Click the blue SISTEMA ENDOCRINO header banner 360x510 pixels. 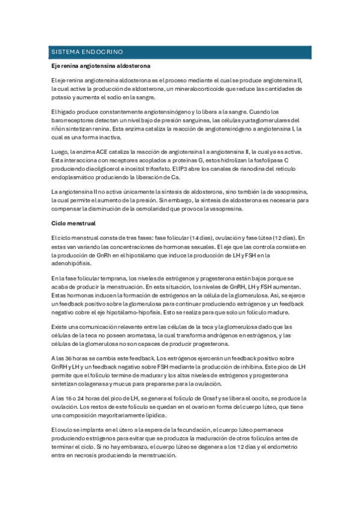coord(180,52)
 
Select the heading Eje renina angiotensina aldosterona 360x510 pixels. coord(100,65)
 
